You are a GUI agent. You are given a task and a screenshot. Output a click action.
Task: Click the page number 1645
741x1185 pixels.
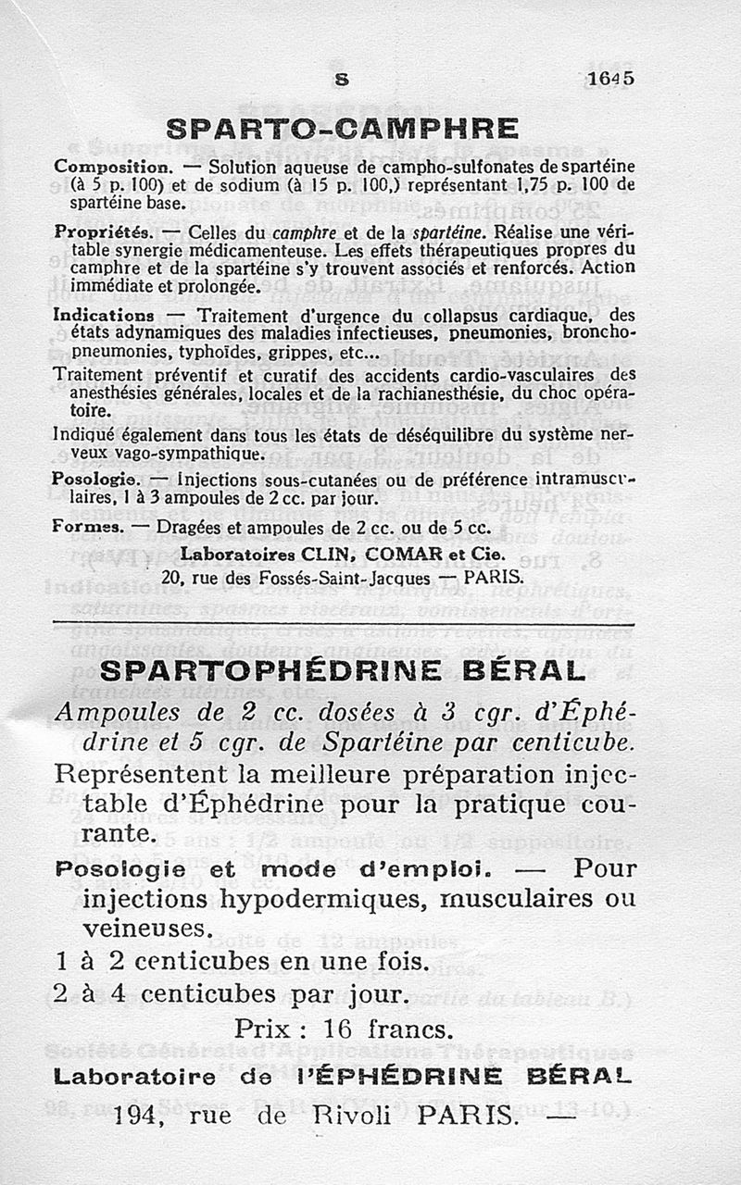(609, 80)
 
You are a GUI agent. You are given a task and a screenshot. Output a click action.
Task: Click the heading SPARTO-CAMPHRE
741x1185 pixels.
(342, 128)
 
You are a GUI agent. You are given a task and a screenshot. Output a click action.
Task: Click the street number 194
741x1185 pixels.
(137, 1116)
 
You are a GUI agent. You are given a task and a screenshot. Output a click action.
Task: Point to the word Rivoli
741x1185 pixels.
(357, 1116)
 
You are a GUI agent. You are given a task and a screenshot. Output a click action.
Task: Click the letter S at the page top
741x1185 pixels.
(342, 80)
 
